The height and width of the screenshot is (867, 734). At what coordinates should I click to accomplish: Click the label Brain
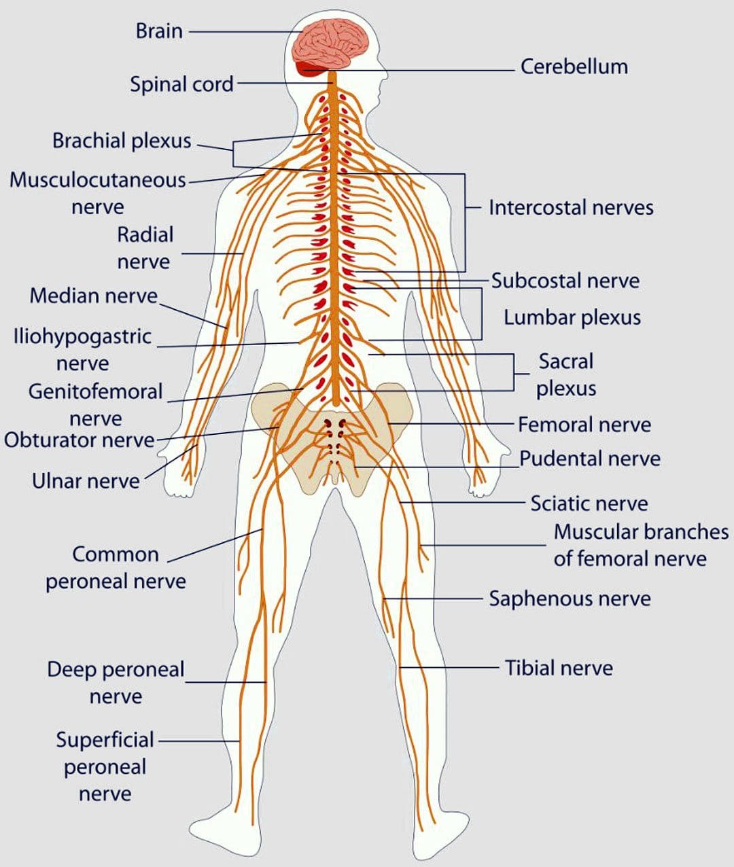click(159, 31)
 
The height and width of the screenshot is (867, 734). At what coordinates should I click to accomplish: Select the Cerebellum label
click(574, 67)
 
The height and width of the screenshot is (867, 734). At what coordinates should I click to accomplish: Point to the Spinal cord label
click(181, 84)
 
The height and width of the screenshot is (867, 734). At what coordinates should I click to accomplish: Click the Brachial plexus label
click(122, 141)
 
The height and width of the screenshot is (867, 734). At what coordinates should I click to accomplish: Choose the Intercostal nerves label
click(571, 208)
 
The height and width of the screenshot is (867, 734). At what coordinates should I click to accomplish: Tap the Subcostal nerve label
click(565, 281)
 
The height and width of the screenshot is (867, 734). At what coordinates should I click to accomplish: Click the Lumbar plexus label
click(572, 317)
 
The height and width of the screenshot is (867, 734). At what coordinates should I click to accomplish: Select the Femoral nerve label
click(584, 425)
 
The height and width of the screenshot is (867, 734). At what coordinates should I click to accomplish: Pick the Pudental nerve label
click(590, 459)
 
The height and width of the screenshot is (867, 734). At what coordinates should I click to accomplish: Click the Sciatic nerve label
click(589, 503)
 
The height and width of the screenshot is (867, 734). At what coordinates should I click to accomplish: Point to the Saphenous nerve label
click(570, 599)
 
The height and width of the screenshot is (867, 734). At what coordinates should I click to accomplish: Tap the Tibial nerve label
click(559, 668)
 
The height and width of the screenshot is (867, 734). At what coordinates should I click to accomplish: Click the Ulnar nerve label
click(86, 481)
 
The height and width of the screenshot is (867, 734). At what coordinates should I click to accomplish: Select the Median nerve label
click(94, 296)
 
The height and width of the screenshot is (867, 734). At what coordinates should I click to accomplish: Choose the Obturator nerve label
click(80, 440)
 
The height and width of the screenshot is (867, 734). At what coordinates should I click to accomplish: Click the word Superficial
click(105, 740)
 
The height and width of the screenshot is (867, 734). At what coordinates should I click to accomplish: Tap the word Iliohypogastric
click(82, 337)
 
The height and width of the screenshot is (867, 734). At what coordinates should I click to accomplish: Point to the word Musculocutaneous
click(98, 180)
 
